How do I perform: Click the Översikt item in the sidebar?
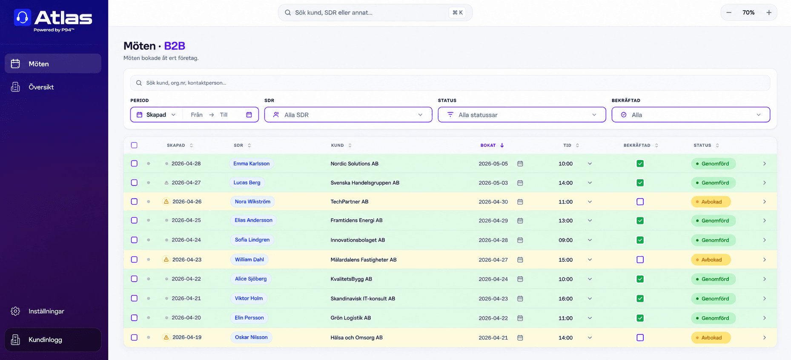click(41, 87)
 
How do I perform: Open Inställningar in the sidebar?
click(46, 311)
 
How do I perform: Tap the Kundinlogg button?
click(53, 340)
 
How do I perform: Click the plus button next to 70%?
click(769, 13)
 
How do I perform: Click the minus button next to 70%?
click(729, 13)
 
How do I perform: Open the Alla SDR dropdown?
click(348, 115)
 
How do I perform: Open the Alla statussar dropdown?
click(522, 115)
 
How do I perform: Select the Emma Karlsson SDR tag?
click(251, 164)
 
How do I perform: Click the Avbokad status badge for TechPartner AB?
click(711, 202)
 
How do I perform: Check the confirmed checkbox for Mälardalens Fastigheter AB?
click(640, 260)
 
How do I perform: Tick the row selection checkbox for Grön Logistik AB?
click(134, 318)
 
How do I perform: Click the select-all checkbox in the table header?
click(134, 145)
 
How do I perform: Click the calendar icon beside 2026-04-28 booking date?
click(520, 240)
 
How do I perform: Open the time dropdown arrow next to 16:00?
click(590, 299)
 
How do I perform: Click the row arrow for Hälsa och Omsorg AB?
click(765, 338)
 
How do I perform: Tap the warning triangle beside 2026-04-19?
click(166, 337)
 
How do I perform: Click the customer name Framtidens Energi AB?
click(356, 220)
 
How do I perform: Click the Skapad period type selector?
click(156, 115)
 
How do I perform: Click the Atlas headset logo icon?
click(23, 17)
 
